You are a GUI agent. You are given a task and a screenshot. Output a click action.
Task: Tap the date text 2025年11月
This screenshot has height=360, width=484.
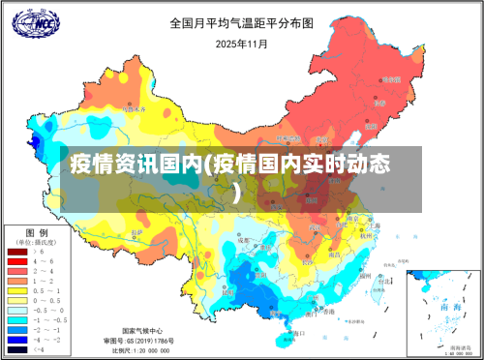(241, 43)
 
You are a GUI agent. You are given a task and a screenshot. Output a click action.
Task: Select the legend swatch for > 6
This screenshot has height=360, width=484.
(16, 252)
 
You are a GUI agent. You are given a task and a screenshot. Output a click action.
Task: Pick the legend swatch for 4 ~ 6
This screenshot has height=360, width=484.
(16, 261)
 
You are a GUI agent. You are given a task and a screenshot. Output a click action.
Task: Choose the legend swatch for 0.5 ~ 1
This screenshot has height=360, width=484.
(16, 289)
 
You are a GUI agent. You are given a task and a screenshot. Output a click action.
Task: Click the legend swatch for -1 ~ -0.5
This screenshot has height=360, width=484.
(16, 317)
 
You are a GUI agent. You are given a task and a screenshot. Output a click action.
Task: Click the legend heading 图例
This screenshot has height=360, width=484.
(37, 232)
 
